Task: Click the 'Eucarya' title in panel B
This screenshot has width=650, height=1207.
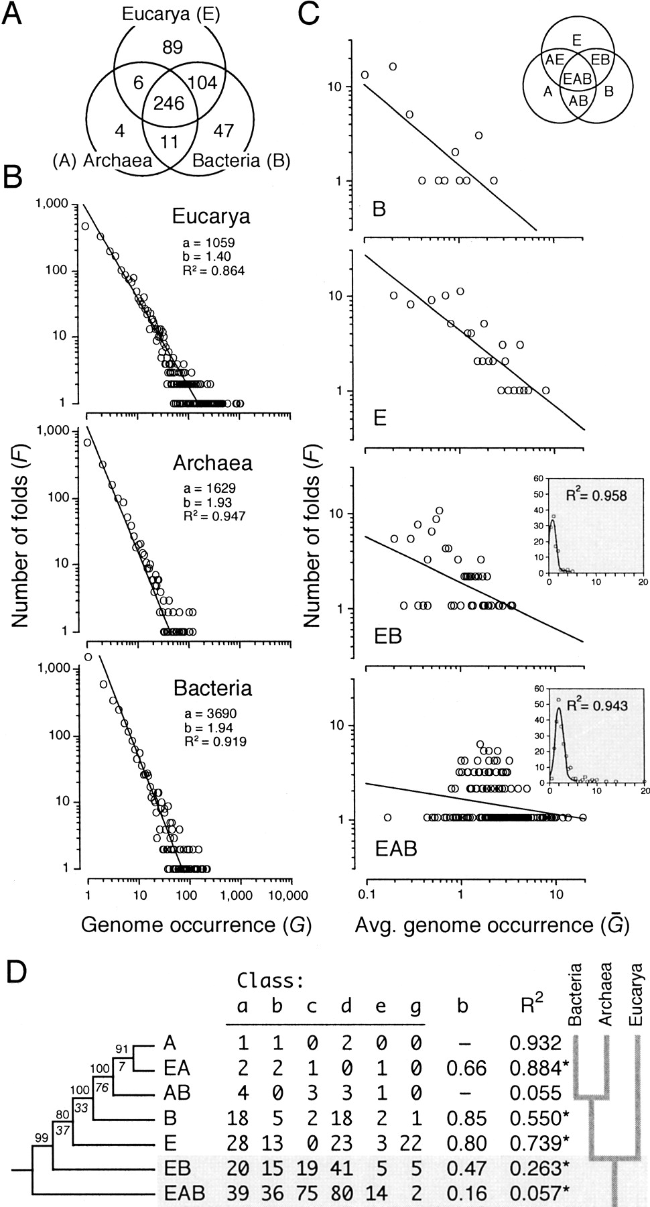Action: tap(211, 217)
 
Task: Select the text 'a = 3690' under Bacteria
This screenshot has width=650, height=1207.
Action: tap(210, 715)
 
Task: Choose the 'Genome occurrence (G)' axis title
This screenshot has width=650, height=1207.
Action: tap(196, 925)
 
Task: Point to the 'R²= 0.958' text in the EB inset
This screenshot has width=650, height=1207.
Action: tap(590, 495)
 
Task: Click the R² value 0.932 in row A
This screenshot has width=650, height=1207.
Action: tap(534, 1043)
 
